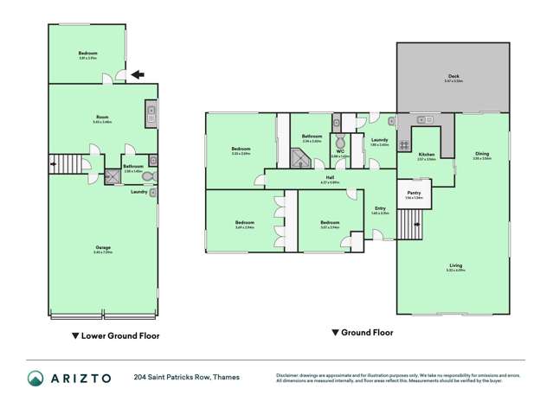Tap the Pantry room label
point(413,194)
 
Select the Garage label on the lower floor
point(103,249)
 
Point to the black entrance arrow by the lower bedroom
point(138,76)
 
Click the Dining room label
point(482,155)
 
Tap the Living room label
point(455,266)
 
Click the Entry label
point(380,207)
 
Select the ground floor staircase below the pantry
point(408,227)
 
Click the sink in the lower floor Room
point(151,111)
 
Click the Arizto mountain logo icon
point(35,378)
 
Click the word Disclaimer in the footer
point(290,374)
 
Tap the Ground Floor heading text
point(367,333)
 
